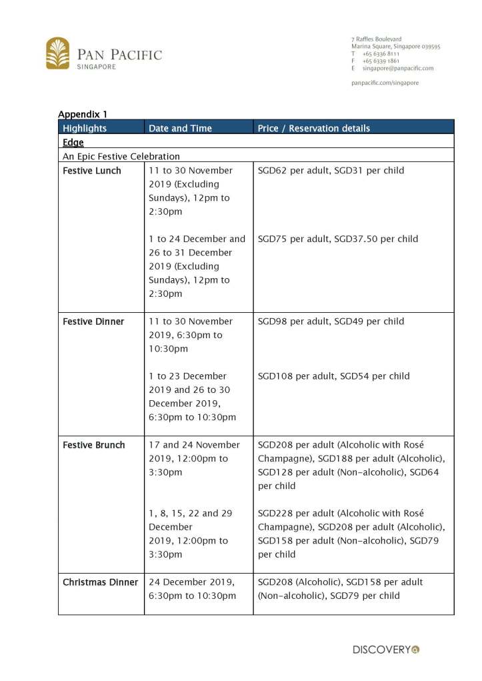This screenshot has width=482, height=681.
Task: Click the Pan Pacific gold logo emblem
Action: (58, 53)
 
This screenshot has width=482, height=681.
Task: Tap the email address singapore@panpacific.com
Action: (398, 68)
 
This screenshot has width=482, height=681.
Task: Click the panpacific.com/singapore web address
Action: (385, 83)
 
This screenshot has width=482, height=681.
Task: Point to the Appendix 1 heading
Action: (83, 114)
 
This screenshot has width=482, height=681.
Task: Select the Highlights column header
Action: (85, 128)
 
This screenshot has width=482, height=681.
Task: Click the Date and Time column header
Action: (180, 128)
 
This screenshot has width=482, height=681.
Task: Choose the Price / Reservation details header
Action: (313, 128)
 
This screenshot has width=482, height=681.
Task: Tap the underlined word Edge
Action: (73, 142)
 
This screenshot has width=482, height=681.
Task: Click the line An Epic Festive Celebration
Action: (121, 156)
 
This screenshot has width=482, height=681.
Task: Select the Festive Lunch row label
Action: (92, 171)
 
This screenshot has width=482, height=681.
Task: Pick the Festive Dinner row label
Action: (93, 321)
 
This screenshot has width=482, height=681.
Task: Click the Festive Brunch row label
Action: (94, 445)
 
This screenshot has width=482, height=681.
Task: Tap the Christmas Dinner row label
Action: (101, 582)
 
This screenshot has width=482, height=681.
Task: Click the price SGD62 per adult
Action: (293, 171)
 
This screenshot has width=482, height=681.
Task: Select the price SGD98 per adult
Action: (293, 321)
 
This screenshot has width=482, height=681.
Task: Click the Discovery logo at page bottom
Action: (386, 649)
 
